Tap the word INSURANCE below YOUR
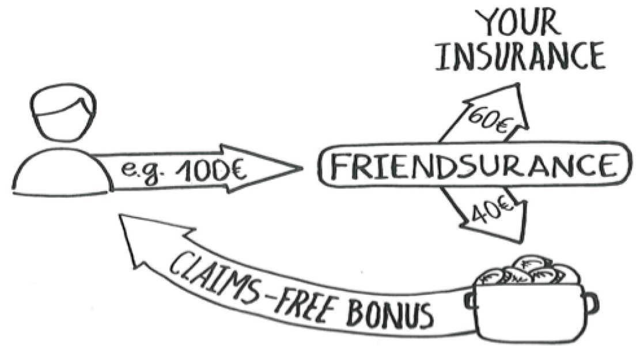[521, 57]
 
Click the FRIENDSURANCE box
[470, 166]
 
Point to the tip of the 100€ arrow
[297, 168]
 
